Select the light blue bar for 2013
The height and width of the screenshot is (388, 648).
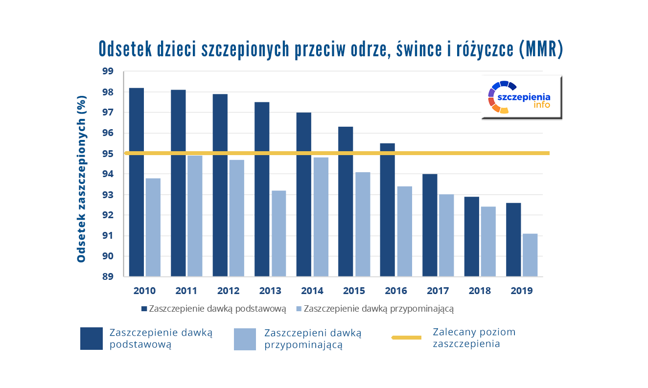[278, 233]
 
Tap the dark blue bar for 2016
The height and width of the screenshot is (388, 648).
[388, 210]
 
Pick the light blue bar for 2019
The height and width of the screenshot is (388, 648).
[530, 255]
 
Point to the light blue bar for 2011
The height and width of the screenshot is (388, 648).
[195, 216]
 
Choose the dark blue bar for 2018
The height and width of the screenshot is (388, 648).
[472, 236]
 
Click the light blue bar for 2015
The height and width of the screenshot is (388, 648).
[363, 224]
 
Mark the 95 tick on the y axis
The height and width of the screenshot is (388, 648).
[107, 154]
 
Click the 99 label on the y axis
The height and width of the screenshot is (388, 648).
[107, 71]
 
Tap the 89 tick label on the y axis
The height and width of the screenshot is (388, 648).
[107, 277]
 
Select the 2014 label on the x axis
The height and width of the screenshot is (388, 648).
[312, 291]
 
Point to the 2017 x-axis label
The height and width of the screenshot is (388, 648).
[438, 291]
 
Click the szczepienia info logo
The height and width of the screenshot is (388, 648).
[521, 97]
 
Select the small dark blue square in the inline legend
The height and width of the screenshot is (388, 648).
[144, 309]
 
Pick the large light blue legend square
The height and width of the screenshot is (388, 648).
[245, 339]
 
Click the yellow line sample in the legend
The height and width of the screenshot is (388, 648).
[406, 338]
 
